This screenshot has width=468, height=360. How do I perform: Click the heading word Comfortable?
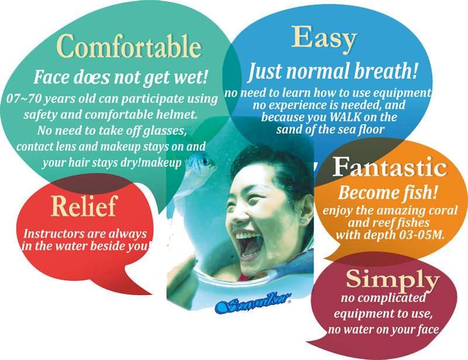(x=129, y=46)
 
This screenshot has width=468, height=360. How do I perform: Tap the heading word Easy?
(x=324, y=38)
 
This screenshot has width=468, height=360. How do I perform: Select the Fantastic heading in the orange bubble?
(x=390, y=167)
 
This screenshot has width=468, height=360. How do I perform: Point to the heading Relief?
(x=84, y=206)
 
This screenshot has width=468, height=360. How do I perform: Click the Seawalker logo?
(x=253, y=303)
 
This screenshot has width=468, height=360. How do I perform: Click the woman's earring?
(x=302, y=221)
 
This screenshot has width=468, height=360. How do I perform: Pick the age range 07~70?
(x=23, y=98)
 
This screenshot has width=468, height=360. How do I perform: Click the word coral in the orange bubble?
(x=443, y=210)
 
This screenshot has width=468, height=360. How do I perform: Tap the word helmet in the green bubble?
(x=179, y=114)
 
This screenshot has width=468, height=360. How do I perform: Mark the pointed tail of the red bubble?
(x=151, y=294)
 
